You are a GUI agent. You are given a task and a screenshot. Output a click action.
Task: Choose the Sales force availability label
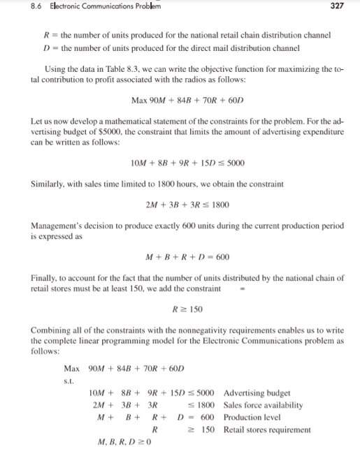click(263, 404)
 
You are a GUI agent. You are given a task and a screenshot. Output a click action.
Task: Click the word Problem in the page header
click(146, 8)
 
